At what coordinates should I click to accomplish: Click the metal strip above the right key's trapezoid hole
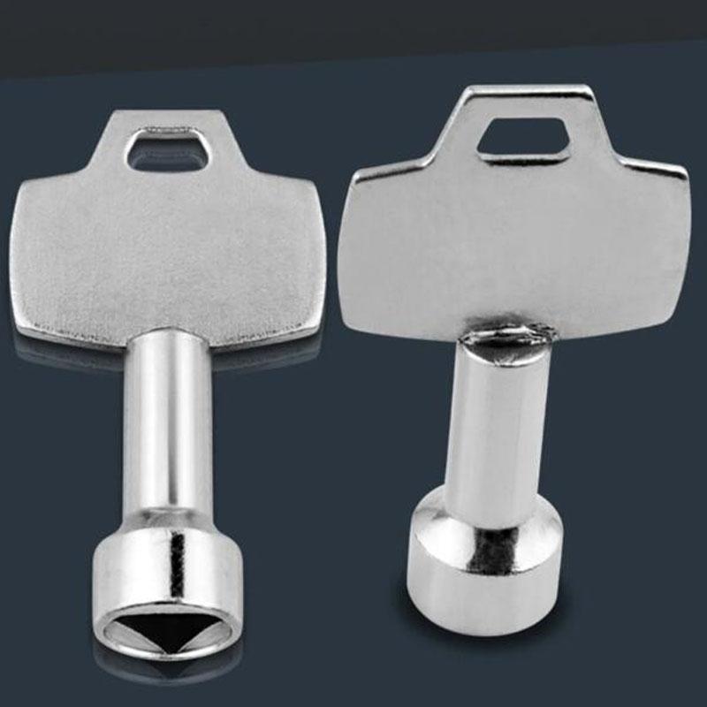(524, 100)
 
